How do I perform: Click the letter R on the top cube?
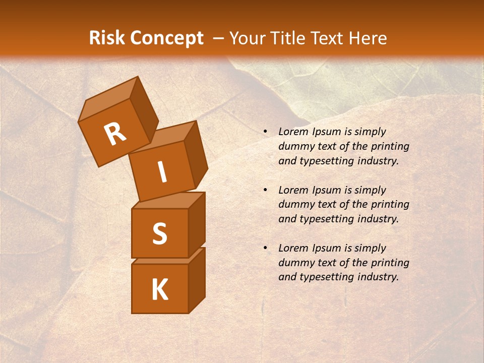tap(115, 134)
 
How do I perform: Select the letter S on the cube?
tap(159, 233)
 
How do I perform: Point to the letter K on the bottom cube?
tap(159, 290)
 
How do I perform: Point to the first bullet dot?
tap(265, 132)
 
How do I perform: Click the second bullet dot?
tap(265, 191)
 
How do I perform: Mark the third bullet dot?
tap(265, 249)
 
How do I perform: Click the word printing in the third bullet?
tap(390, 263)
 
